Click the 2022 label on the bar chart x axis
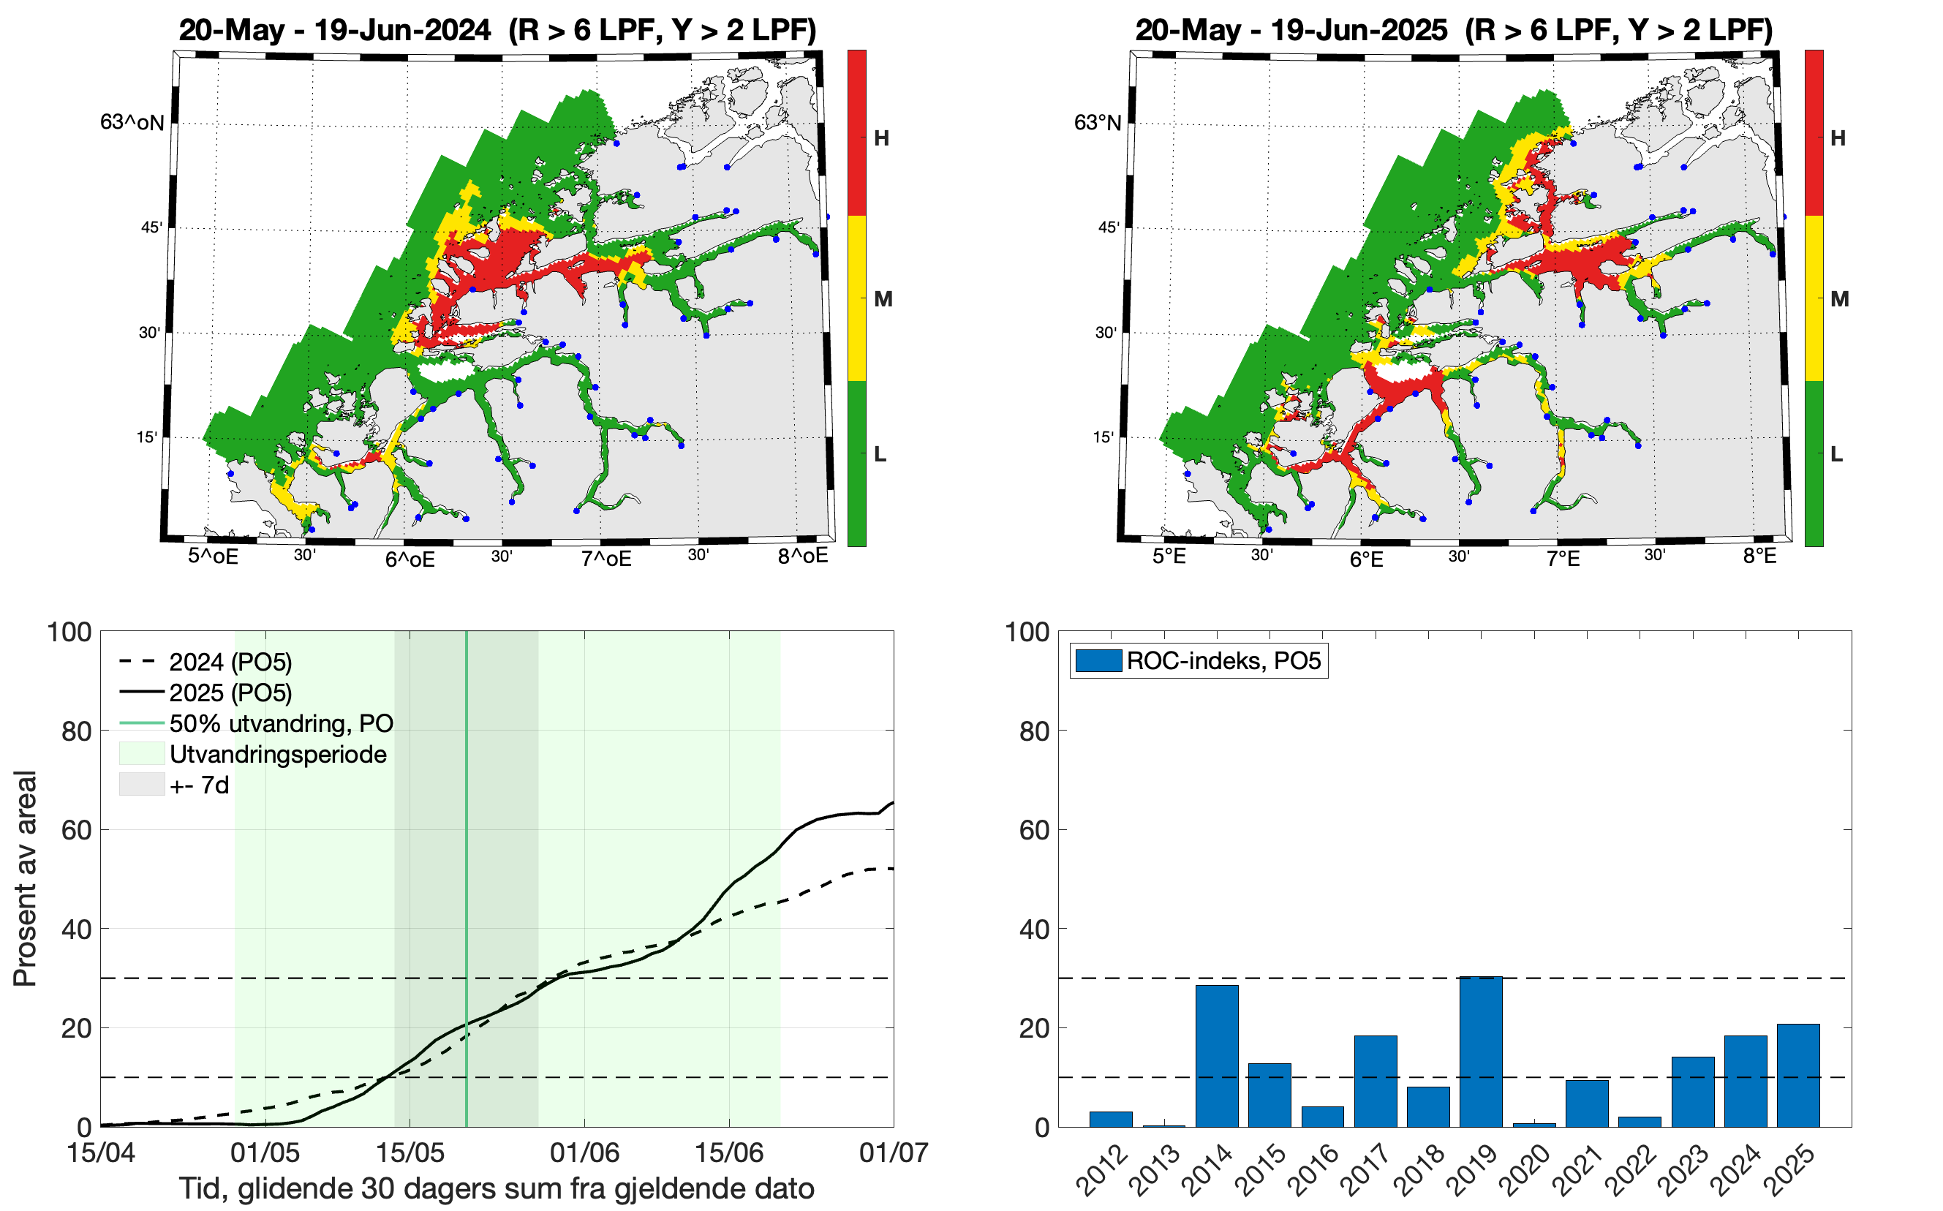1634,1170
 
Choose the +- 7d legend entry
200,785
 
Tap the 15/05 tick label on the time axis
410,1152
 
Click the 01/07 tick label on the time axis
893,1152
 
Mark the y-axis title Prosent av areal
26,878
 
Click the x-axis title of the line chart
496,1188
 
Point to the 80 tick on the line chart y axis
76,731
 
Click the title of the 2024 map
497,30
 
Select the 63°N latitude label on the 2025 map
1097,123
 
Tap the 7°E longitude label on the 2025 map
1563,558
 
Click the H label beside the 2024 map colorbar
881,138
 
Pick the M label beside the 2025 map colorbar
1840,299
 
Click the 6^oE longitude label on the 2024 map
410,559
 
